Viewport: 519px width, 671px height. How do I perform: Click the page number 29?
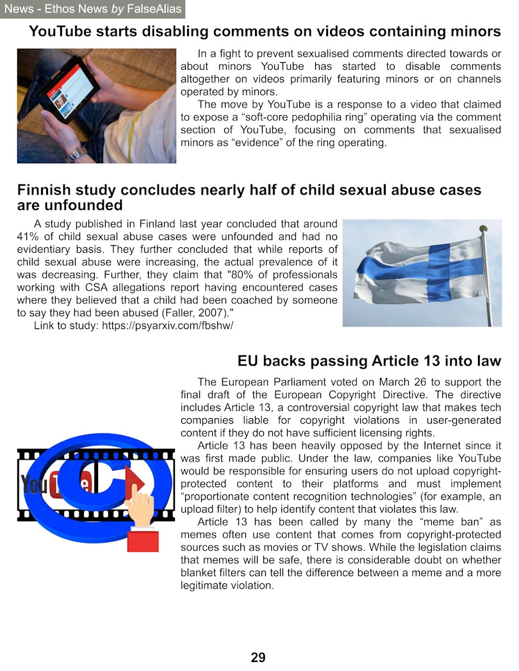[x=258, y=658]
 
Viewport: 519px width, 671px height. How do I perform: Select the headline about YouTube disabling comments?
[x=265, y=31]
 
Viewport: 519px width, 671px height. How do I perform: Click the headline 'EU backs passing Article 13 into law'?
[x=369, y=361]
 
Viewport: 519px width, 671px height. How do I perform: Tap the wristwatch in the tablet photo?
[x=74, y=154]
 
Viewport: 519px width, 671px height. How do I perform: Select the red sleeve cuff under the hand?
[x=142, y=540]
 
